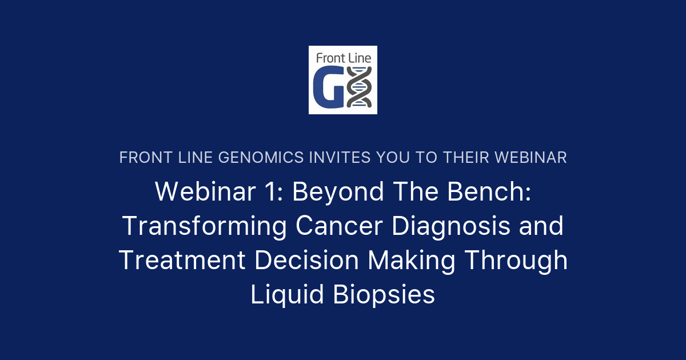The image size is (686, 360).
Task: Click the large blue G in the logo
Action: tap(328, 87)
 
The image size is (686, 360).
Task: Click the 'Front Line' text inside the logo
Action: tap(342, 57)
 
